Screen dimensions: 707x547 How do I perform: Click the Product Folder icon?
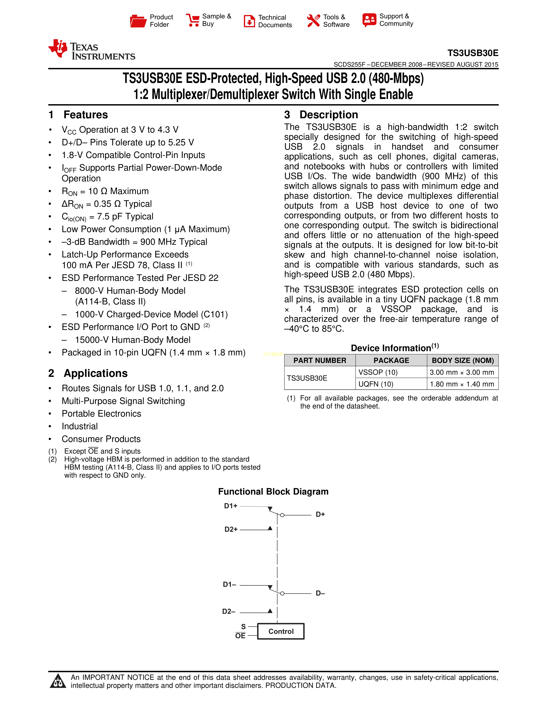(138, 21)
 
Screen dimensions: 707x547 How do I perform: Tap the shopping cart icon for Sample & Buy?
(193, 20)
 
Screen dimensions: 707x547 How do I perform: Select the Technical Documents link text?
(275, 21)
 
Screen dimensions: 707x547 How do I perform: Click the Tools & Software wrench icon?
(313, 21)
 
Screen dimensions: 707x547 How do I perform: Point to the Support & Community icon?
(369, 20)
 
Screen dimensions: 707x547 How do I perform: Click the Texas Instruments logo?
(92, 50)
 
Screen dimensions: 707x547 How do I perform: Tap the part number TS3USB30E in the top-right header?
(473, 53)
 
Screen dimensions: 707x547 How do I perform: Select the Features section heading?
(86, 115)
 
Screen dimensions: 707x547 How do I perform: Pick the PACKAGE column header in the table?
(391, 360)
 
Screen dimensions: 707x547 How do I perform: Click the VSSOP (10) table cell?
(378, 372)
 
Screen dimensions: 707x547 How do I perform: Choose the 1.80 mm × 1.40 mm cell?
(462, 384)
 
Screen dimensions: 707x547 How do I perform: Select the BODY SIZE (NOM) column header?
(463, 360)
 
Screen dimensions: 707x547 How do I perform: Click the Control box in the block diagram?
(281, 631)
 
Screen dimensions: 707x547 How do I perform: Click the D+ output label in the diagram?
(320, 514)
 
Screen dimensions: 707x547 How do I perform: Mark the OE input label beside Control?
(240, 636)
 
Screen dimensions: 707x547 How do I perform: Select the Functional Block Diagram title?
(273, 491)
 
